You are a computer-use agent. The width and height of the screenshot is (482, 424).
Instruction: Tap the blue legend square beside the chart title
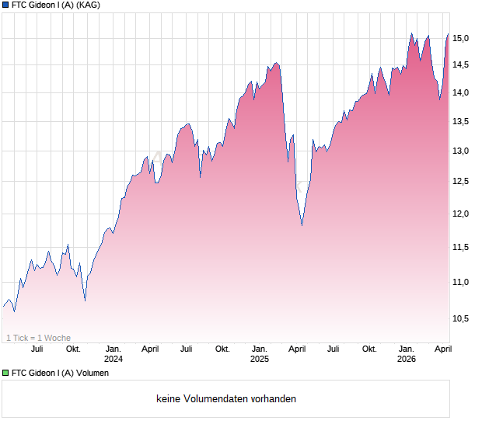[5, 5]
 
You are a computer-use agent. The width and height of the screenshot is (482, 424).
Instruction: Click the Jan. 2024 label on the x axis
[114, 353]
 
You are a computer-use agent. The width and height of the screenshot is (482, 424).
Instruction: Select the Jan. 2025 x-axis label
[260, 353]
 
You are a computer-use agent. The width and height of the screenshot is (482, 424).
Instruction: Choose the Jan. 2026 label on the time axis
[406, 353]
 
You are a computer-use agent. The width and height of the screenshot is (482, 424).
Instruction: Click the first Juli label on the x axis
[37, 349]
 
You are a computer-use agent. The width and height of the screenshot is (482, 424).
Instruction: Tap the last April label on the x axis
[442, 349]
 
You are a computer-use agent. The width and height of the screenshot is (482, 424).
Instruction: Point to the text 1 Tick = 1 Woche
[39, 338]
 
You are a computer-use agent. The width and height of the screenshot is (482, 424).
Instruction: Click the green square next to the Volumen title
[5, 373]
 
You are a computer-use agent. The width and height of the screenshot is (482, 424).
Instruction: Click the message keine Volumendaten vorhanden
[226, 399]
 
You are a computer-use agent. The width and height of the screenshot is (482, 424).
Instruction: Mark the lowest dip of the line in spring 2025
[302, 226]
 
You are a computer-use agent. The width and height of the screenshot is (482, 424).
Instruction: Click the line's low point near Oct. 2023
[85, 300]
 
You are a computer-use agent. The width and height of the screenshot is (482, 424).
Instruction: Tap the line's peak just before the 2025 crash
[276, 63]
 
